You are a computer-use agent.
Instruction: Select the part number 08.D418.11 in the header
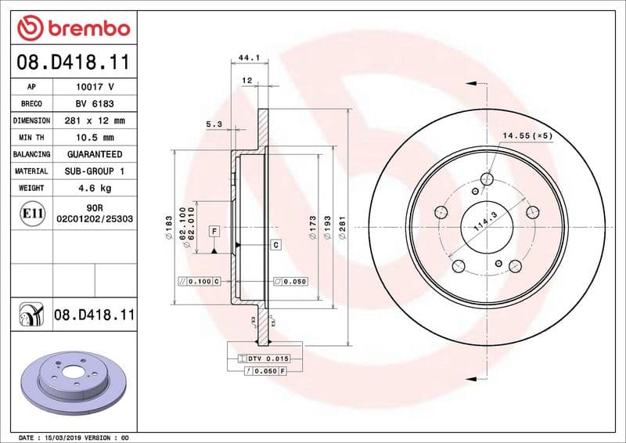(73, 61)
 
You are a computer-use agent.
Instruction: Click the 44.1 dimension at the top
(248, 58)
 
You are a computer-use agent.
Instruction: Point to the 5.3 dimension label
(214, 124)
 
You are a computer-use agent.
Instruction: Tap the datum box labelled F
(213, 231)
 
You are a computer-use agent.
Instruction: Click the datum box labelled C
(276, 246)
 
